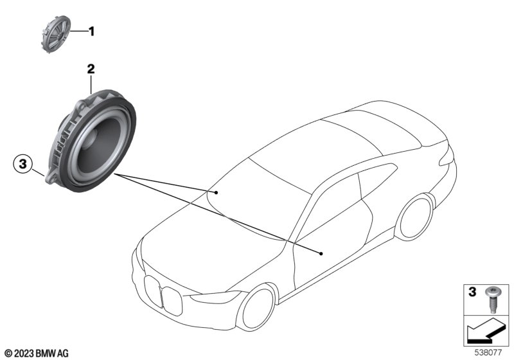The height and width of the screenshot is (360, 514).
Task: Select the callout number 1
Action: pos(91,31)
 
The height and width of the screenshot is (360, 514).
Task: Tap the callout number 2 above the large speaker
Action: pos(91,69)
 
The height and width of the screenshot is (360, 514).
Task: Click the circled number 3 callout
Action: pos(22,165)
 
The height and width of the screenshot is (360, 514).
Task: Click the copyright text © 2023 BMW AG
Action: pos(36,353)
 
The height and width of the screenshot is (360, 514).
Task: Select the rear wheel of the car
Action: pos(414,217)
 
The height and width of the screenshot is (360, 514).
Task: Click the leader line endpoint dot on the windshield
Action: pos(217,192)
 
